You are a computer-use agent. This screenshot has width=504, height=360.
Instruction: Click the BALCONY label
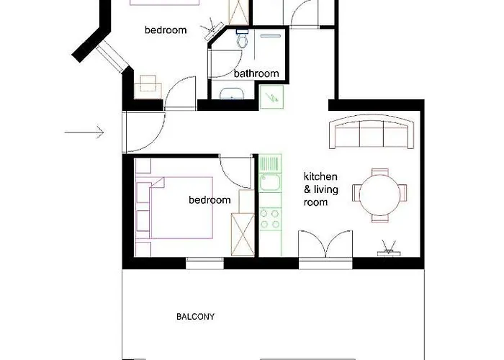tap(195, 317)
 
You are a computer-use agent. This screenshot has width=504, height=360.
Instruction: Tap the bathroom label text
tap(256, 73)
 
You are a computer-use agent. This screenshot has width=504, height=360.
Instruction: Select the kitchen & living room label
tap(320, 189)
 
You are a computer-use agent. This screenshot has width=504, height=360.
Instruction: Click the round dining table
tap(380, 194)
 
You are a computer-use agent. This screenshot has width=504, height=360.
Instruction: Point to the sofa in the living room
tap(372, 132)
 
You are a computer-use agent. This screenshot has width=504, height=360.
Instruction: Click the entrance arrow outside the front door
tap(84, 132)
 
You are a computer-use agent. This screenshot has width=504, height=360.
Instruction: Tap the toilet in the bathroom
tap(242, 38)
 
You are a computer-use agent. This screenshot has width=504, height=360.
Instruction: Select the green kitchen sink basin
tap(270, 182)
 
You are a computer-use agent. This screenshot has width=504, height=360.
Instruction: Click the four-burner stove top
tap(270, 219)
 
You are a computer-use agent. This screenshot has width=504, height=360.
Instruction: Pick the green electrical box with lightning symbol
tap(271, 96)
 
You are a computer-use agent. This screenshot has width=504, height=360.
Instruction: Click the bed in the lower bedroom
tap(174, 207)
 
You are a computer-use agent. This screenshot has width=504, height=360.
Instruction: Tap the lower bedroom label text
tap(210, 200)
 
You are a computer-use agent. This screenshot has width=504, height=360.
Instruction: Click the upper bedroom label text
tap(166, 30)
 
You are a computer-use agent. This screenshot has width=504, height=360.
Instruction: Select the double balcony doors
tap(325, 243)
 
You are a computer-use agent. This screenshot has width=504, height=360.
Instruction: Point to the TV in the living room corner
tap(389, 248)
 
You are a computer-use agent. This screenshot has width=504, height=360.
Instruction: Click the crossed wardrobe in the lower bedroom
tap(243, 234)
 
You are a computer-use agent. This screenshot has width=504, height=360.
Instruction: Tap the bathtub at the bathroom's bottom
tap(232, 94)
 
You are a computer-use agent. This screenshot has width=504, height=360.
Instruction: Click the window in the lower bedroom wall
tap(204, 264)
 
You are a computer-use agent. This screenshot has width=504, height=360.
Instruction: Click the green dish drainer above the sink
tap(270, 163)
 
